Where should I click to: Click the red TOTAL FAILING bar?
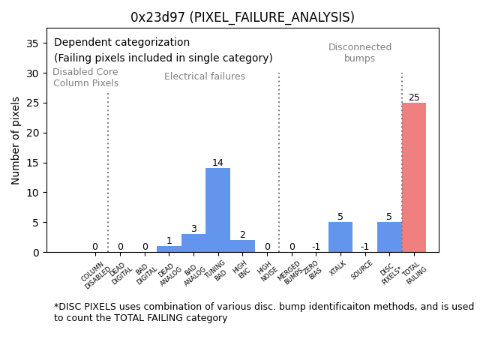pos(414,178)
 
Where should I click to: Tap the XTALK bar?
pos(340,237)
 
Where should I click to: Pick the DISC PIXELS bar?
pos(389,237)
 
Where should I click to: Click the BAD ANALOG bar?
pos(193,244)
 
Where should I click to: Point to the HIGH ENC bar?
pos(242,246)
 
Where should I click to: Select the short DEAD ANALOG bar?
pos(169,249)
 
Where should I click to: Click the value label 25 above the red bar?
pos(414,97)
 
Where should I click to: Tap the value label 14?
pos(217,163)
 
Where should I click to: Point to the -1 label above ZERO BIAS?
pos(316,247)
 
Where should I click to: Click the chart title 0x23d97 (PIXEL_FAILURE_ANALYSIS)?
pos(242,17)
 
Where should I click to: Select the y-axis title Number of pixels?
pos(16,140)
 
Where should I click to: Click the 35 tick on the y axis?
pos(33,43)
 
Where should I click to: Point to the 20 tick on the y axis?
pos(33,133)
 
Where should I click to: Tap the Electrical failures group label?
pos(205,76)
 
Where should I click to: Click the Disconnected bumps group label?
pos(360,52)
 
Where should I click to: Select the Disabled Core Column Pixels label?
pos(85,77)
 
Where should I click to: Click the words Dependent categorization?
pos(121,43)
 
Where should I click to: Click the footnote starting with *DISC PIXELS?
pos(263,312)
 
